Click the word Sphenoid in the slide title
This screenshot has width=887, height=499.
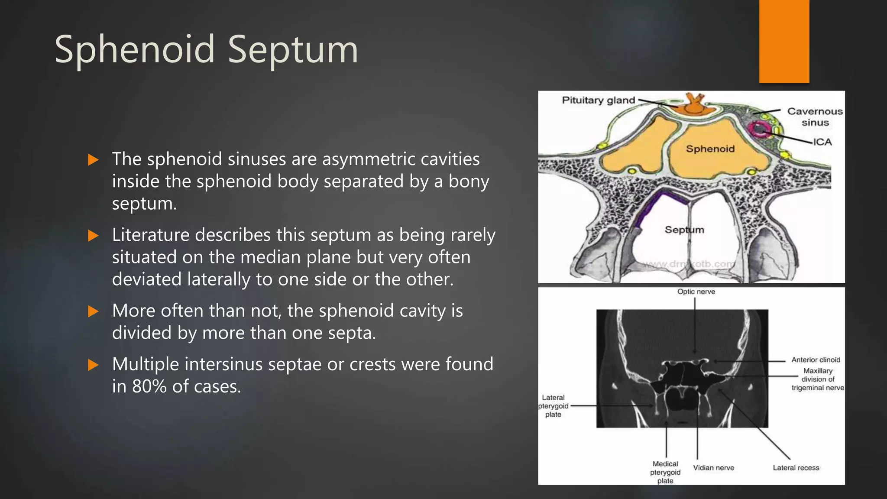[x=135, y=50]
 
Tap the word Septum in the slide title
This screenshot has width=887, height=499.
[x=293, y=50]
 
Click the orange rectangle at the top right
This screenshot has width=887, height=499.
[x=784, y=41]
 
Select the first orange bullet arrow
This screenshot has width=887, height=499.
[x=93, y=160]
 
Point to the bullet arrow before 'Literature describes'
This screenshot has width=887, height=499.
[x=93, y=236]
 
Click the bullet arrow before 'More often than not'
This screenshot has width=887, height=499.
[x=93, y=311]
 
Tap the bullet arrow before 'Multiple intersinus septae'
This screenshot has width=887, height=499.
[x=93, y=365]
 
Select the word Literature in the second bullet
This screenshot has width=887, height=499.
[x=150, y=235]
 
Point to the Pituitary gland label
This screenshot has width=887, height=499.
[x=598, y=100]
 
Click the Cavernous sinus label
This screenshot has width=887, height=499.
[x=815, y=117]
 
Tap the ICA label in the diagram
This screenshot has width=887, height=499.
[x=822, y=142]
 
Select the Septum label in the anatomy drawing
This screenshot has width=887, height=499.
[x=684, y=230]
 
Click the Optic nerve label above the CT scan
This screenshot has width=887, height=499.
[x=696, y=292]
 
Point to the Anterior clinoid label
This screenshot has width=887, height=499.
[x=816, y=360]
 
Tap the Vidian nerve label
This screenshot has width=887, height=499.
[x=713, y=468]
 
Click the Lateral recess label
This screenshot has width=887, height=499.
[x=796, y=468]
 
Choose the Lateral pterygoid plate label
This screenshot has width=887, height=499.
[x=553, y=406]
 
